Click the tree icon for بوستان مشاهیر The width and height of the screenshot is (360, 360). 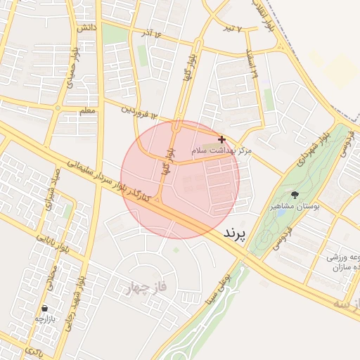[294, 195]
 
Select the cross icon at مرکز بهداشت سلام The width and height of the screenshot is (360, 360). [222, 140]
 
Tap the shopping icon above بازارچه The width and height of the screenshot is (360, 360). [45, 308]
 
